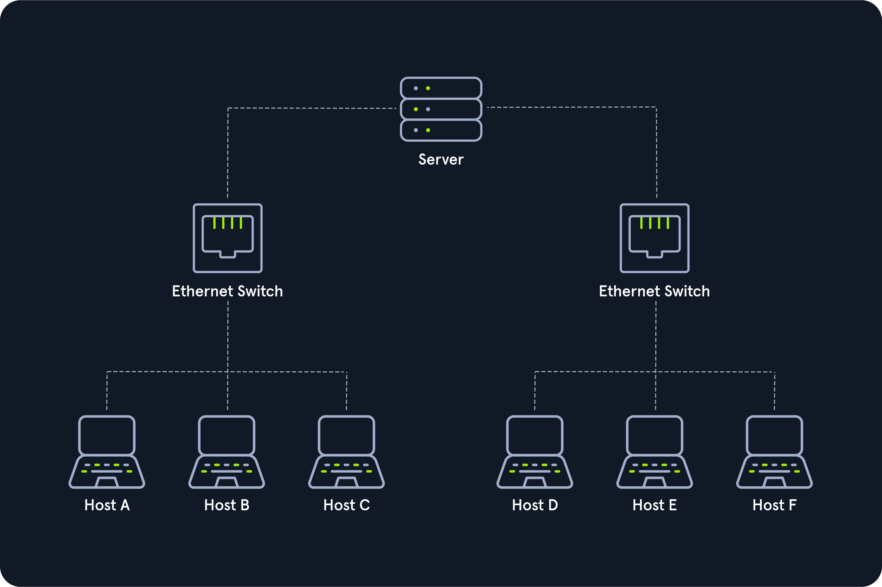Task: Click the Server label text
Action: [441, 159]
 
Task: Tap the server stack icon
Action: [441, 109]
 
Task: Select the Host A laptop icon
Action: [107, 452]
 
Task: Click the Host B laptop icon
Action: [227, 452]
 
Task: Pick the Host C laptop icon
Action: [346, 452]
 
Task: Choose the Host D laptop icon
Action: [535, 452]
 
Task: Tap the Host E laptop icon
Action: [655, 452]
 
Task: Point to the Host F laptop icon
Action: [774, 452]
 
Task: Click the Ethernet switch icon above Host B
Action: [228, 238]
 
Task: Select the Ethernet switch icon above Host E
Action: [655, 238]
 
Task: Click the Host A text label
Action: [107, 505]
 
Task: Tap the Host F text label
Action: [774, 505]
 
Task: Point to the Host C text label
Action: [346, 505]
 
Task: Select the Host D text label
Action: [535, 505]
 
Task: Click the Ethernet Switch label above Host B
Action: [227, 291]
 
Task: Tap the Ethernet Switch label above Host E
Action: [654, 291]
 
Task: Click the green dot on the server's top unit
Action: [428, 88]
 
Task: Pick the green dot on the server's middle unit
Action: [416, 109]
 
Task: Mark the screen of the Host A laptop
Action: [107, 435]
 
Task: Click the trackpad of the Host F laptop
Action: [774, 482]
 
